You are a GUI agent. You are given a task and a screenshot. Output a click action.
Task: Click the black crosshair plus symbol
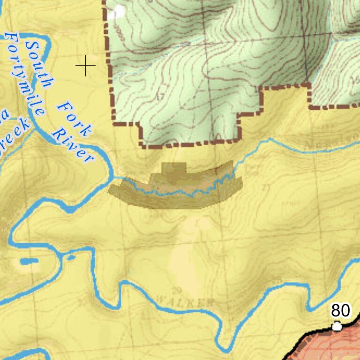[86, 66]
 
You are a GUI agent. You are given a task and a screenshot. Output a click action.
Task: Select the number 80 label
[340, 310]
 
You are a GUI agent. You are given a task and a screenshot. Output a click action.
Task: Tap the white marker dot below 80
[337, 326]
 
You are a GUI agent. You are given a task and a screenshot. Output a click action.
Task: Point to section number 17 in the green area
[160, 97]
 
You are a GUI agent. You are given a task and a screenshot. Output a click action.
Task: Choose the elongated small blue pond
[29, 261]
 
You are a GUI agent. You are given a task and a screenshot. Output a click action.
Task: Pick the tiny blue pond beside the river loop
[71, 257]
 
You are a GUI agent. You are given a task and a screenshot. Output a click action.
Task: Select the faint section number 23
[267, 187]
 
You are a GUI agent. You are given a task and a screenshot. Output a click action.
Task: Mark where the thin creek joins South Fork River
[115, 178]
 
